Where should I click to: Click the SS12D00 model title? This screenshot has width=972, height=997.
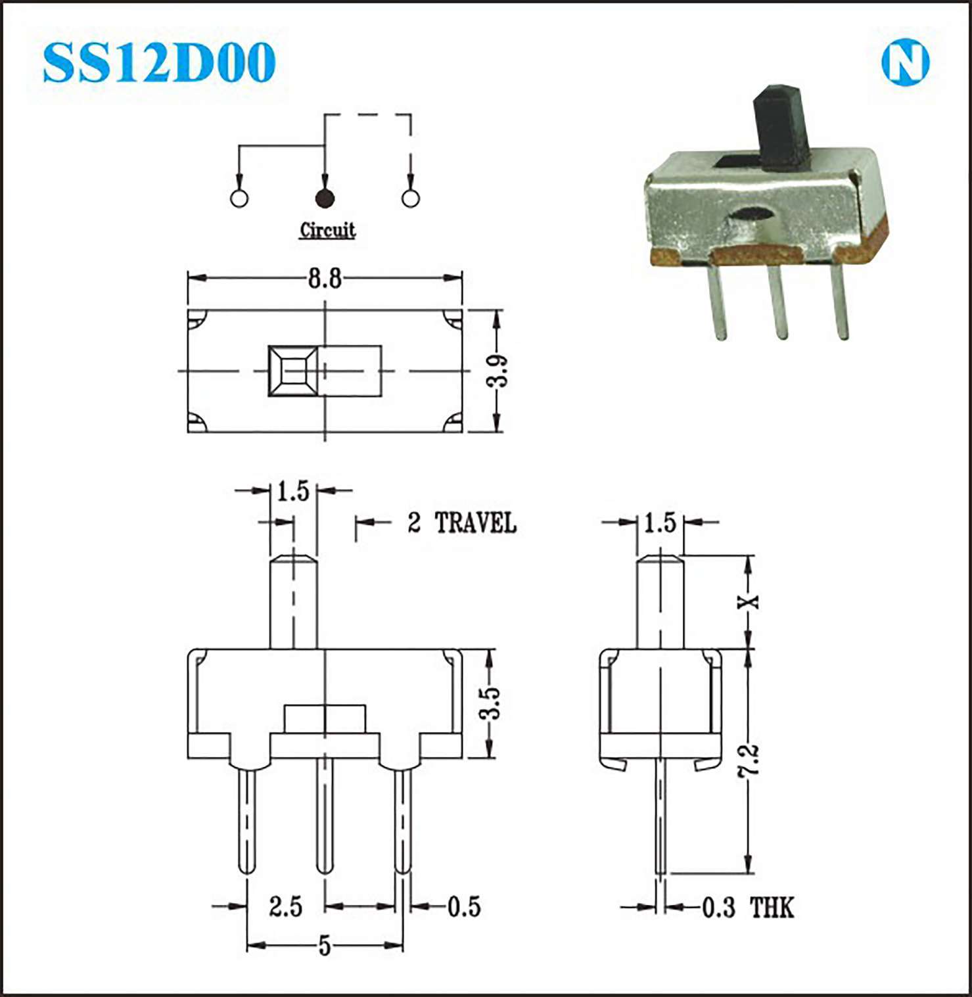158,62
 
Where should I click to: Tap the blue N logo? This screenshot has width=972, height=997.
905,63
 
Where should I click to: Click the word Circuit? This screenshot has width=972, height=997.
327,230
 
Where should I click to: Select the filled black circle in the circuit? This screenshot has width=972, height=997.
325,198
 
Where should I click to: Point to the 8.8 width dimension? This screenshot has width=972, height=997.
325,279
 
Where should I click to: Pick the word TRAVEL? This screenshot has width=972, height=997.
476,523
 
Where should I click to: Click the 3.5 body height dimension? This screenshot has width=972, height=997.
490,703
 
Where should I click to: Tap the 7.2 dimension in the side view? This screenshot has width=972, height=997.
749,761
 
